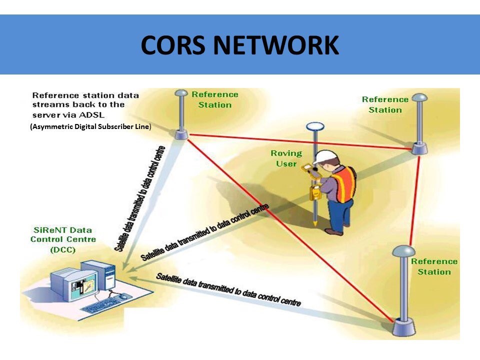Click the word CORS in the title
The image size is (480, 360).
(173, 45)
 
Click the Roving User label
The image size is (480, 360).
(286, 158)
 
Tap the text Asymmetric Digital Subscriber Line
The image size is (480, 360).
(90, 126)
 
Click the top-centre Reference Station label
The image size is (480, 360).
(215, 99)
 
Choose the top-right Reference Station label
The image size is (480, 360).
(385, 104)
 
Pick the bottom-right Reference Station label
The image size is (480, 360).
(434, 266)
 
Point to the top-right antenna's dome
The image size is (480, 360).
(419, 97)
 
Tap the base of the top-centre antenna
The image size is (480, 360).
(181, 134)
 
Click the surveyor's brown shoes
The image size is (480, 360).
(333, 231)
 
